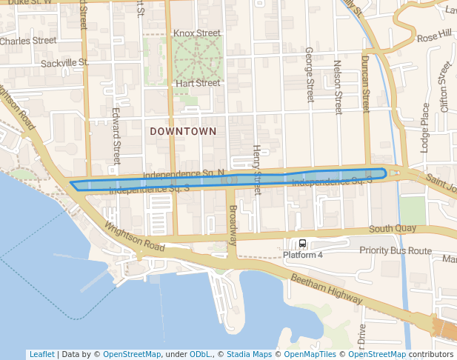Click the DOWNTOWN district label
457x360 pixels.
coord(183,131)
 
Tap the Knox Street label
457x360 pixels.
coord(196,33)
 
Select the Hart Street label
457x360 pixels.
coord(198,83)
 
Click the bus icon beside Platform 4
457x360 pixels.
coord(302,244)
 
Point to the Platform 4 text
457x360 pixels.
coord(303,256)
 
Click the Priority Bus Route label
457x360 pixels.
coord(395,251)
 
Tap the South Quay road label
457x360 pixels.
coord(393,229)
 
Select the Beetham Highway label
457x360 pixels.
coord(326,288)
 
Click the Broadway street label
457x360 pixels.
coord(233,225)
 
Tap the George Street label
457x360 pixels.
coord(310,76)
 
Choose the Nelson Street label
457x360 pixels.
coord(338,87)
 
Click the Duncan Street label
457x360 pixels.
coord(365,83)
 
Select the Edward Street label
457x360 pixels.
coord(116,136)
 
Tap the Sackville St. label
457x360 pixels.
coord(64,64)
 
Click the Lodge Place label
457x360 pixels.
coord(425,127)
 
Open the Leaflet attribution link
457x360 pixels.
coord(41,354)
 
